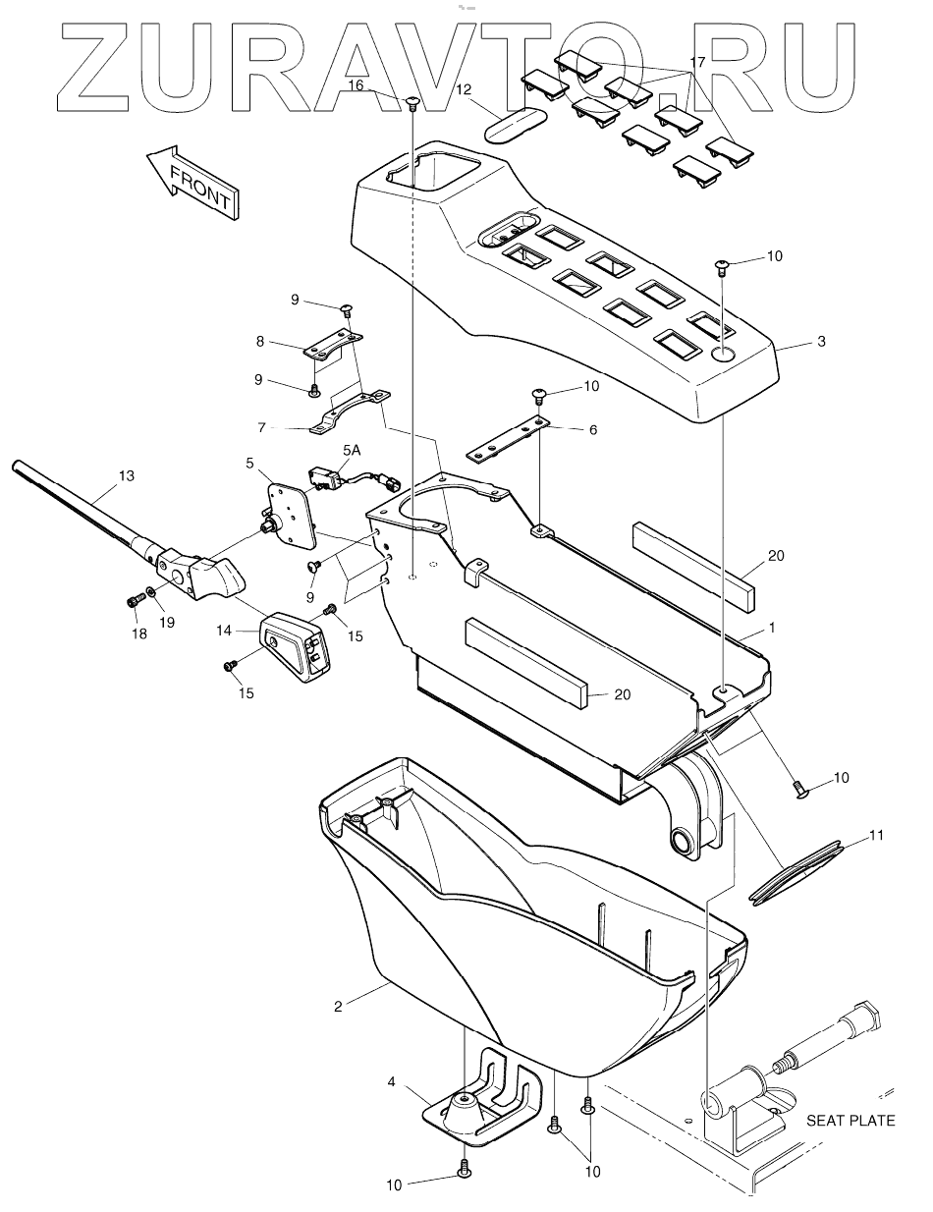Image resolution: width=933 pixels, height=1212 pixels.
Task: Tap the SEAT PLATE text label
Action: point(851,1120)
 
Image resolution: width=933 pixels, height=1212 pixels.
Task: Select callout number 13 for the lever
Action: point(125,476)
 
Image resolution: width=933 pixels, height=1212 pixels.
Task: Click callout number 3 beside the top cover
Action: point(821,342)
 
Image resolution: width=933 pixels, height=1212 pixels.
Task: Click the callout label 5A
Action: point(351,449)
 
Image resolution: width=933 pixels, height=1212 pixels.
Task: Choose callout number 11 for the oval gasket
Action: point(877,837)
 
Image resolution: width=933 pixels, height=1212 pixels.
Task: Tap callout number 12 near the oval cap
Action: point(465,89)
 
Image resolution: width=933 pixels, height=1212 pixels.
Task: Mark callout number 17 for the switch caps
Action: point(697,62)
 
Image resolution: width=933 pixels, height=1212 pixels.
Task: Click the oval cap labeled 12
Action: point(516,125)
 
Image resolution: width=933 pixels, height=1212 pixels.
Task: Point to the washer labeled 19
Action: point(149,593)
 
